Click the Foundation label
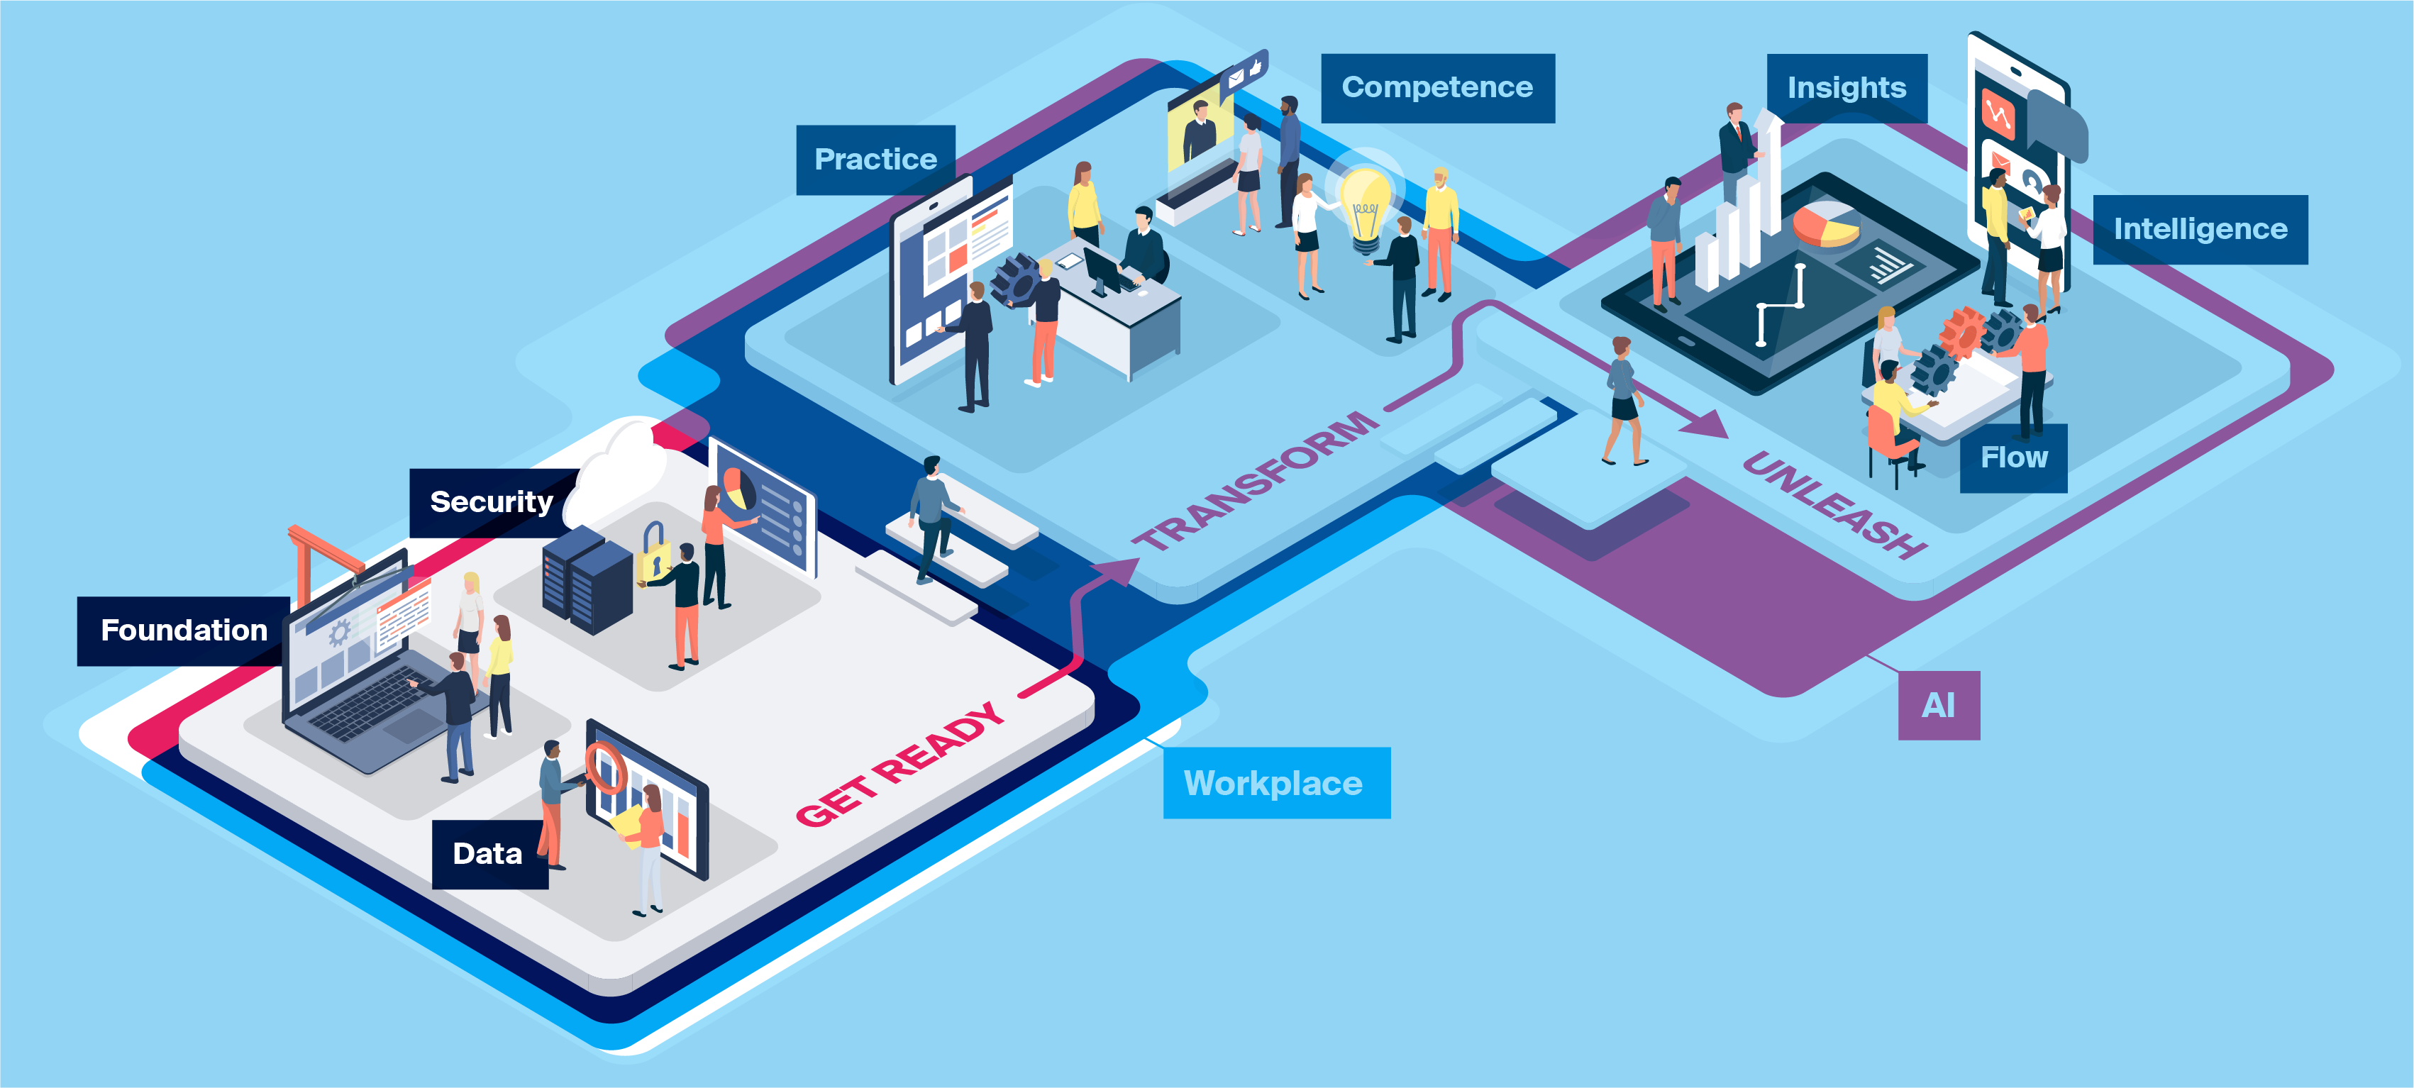tap(183, 631)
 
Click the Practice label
tap(875, 160)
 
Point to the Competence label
tap(1436, 88)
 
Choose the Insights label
tap(1846, 88)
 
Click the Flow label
tap(2013, 458)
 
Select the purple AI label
tap(1938, 706)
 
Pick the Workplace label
tap(1275, 784)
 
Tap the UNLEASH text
tap(1834, 504)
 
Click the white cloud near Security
tap(619, 473)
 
